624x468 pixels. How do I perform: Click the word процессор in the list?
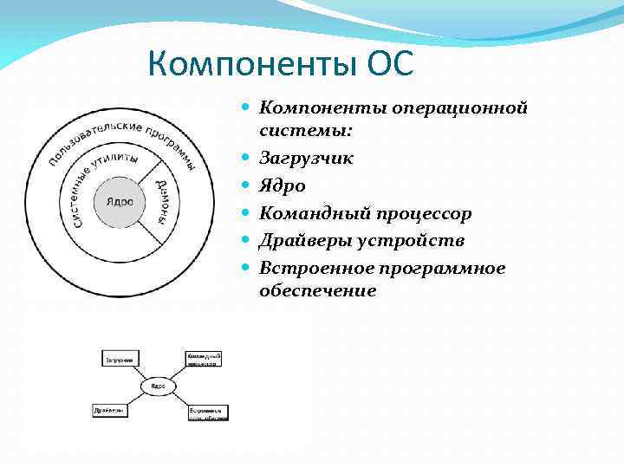tap(420, 213)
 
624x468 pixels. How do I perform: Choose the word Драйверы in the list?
tap(304, 240)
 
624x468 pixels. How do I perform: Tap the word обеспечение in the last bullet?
tap(317, 291)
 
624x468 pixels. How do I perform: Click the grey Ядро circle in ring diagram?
tap(119, 201)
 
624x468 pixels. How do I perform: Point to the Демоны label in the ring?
tap(164, 200)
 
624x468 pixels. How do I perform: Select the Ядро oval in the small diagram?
tap(157, 385)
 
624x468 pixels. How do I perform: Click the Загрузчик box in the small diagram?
tap(120, 359)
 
